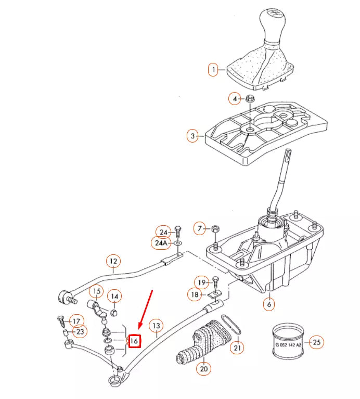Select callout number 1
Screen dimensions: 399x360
click(213, 69)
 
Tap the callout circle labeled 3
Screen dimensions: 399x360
click(192, 136)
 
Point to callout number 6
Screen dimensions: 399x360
click(268, 304)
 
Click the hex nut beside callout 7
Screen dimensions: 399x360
click(215, 228)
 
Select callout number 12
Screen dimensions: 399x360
click(112, 261)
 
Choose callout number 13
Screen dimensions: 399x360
click(156, 326)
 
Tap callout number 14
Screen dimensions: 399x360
click(115, 297)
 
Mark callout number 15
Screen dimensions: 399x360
click(96, 291)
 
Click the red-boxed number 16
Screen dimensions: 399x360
click(134, 341)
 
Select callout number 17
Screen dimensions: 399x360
click(76, 321)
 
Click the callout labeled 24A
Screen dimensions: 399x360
click(161, 243)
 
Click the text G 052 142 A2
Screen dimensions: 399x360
click(287, 344)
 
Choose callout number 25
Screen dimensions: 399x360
click(316, 342)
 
